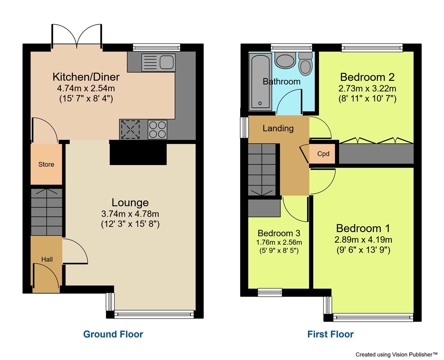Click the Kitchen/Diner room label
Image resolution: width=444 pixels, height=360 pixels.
(x=86, y=77)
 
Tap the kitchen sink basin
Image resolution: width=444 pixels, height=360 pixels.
(x=166, y=62)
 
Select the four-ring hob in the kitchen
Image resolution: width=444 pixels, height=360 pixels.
(x=158, y=129)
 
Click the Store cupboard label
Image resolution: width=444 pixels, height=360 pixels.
(x=46, y=164)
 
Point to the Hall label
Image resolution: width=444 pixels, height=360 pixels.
(x=47, y=259)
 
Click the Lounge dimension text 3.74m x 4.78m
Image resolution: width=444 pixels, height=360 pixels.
(x=130, y=214)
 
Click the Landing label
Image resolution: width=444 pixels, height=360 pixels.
(x=278, y=128)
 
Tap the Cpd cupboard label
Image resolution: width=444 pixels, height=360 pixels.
(x=323, y=154)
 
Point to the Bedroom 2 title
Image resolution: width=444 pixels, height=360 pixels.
(x=367, y=77)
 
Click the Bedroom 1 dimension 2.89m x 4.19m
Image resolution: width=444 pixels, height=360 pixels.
(x=363, y=240)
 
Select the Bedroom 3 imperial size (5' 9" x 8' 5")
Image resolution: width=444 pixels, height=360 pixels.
(x=279, y=251)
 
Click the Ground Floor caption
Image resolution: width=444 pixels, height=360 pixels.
(x=113, y=334)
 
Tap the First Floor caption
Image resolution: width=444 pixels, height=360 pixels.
(x=330, y=334)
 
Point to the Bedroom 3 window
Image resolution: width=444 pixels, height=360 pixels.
(x=270, y=292)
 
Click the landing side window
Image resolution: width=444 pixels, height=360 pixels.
(x=245, y=126)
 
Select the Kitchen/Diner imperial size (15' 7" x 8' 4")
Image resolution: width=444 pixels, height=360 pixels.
(x=86, y=99)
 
